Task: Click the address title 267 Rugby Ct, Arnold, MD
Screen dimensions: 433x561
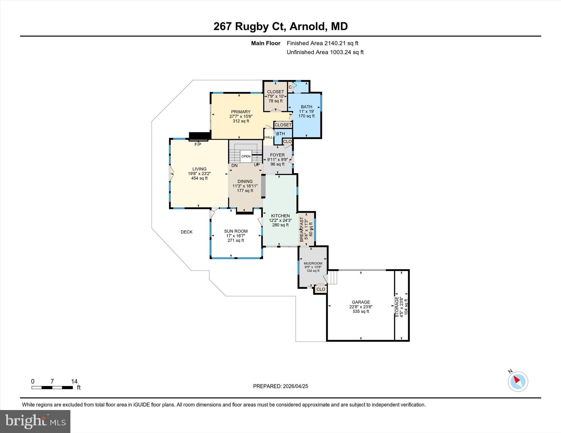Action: [x=280, y=27]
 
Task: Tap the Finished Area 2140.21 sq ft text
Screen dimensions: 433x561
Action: [x=322, y=43]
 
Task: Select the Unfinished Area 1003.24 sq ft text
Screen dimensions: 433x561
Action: [x=325, y=52]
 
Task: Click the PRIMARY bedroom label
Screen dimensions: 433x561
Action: [x=241, y=112]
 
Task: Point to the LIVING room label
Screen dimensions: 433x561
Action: [x=199, y=169]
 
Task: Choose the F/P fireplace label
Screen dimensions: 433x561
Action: [x=198, y=144]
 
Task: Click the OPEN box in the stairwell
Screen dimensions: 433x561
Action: [x=246, y=156]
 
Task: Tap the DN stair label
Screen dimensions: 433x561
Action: [x=234, y=165]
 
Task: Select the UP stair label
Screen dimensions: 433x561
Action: [x=257, y=165]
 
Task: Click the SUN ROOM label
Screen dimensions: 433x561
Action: [x=236, y=231]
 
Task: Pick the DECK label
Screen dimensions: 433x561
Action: [x=187, y=232]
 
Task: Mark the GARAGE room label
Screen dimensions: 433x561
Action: [x=361, y=302]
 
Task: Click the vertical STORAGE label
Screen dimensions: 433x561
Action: [x=397, y=307]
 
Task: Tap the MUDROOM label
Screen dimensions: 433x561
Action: [x=313, y=263]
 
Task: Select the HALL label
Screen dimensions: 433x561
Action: [x=268, y=137]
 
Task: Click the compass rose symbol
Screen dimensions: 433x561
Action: [x=518, y=381]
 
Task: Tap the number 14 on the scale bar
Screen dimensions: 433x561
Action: [x=74, y=381]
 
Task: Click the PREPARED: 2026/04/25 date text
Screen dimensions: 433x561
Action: [x=280, y=386]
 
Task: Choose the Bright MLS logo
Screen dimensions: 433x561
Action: [x=35, y=421]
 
